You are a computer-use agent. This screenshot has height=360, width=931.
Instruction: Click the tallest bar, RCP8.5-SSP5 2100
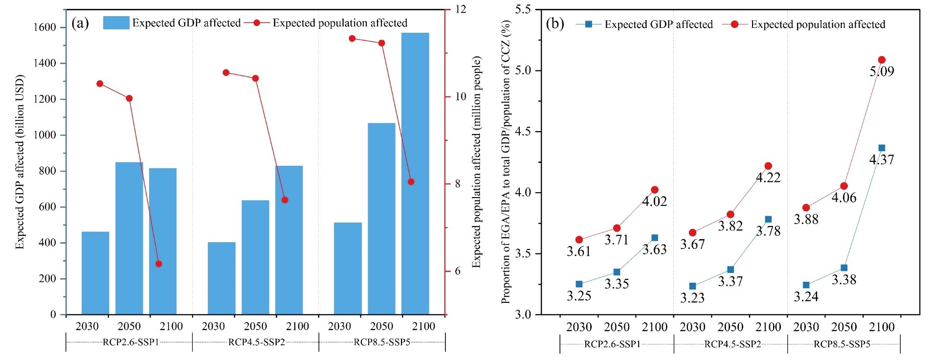coord(415,174)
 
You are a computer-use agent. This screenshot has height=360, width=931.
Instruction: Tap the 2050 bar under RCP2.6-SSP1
coord(129,238)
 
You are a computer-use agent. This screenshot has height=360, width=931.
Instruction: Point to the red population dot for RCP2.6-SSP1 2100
coord(158,264)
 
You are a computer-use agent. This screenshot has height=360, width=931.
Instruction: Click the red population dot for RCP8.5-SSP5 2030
coord(352,38)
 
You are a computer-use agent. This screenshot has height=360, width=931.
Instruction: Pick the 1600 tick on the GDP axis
coord(45,27)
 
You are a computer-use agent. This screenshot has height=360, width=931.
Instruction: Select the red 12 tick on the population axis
coord(460,9)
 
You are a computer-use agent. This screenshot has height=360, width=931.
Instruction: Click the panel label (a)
coord(80,23)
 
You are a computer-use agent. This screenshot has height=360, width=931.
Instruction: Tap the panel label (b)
coord(555,23)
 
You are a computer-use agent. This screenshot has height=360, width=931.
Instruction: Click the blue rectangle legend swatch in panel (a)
coord(116,22)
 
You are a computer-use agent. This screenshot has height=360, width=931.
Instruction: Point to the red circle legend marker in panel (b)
coord(734,24)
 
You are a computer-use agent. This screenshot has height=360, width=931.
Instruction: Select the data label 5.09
coord(882,71)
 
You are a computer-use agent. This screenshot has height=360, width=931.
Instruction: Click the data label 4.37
coord(882,159)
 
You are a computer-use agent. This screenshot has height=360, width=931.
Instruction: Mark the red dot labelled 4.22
coord(768,166)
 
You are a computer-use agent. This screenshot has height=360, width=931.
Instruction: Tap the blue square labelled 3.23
coord(692,286)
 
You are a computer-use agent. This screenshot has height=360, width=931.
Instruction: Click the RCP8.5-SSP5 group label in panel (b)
coord(842,344)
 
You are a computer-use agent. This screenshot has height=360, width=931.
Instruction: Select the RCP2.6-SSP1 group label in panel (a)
coord(131,342)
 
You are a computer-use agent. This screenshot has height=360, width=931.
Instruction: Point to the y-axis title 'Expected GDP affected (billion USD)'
coord(20,161)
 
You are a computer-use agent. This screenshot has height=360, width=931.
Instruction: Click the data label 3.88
coord(806,219)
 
